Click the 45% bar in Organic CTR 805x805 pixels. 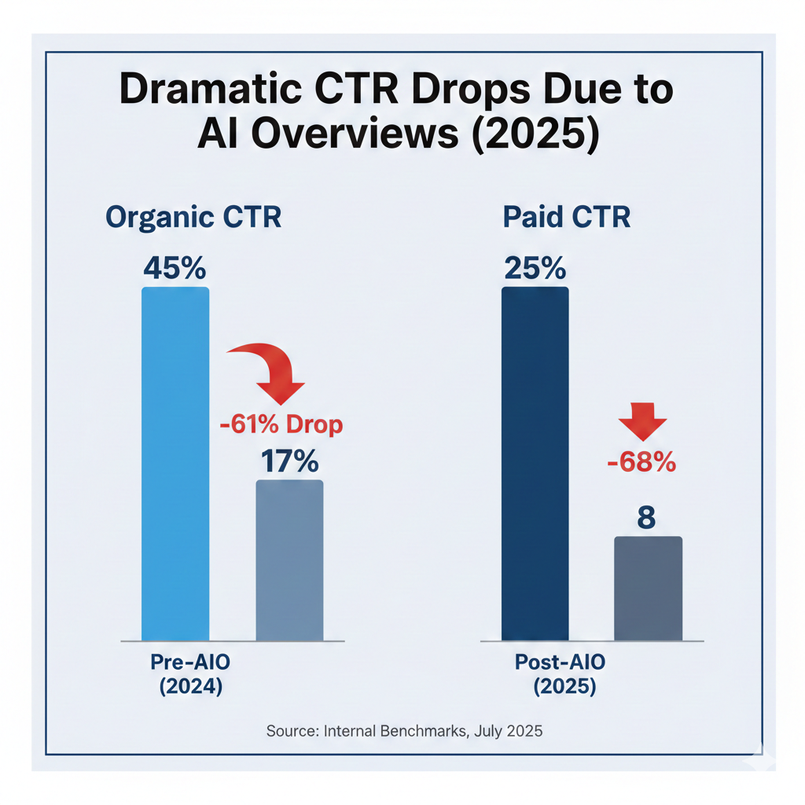175,464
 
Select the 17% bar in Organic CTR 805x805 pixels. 290,560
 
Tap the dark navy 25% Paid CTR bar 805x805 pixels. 535,464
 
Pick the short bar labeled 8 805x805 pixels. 649,588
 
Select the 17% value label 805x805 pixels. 289,461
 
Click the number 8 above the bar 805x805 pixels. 647,519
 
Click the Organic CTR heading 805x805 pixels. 193,218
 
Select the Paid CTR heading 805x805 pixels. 566,218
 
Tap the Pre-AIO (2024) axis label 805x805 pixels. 191,675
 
